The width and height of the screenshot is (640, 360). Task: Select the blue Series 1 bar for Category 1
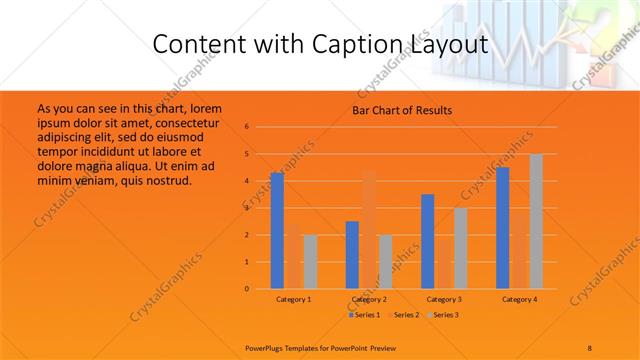[277, 230]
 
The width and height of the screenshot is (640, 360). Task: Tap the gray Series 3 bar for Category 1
[310, 261]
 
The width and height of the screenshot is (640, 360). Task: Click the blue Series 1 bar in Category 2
[352, 254]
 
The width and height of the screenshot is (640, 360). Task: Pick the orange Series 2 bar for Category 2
[369, 230]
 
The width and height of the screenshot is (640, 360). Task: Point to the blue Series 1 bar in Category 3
[428, 241]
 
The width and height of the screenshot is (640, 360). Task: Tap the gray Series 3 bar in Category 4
[536, 221]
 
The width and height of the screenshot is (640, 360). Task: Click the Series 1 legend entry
[364, 315]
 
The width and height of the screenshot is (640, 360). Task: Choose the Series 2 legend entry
[401, 315]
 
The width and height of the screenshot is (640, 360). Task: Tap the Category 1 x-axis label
[294, 299]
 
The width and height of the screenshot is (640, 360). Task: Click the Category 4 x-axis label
[520, 299]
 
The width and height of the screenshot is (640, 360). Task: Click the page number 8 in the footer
[590, 347]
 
